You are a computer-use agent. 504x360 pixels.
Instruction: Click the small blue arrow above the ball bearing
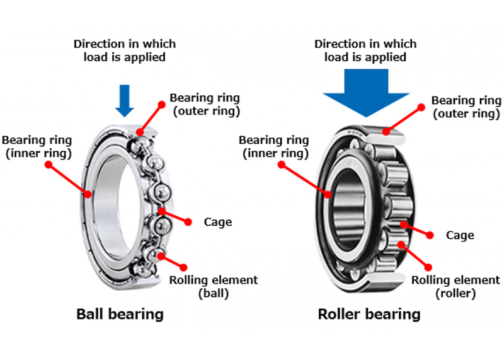pyautogui.click(x=125, y=100)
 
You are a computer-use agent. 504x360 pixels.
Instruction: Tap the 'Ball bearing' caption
pyautogui.click(x=120, y=313)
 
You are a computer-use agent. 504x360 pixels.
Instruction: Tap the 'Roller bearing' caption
pyautogui.click(x=369, y=313)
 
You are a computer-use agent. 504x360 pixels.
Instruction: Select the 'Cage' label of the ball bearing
pyautogui.click(x=218, y=222)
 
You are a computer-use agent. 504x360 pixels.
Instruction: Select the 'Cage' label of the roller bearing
pyautogui.click(x=459, y=235)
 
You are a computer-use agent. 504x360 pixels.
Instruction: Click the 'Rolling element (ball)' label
pyautogui.click(x=213, y=286)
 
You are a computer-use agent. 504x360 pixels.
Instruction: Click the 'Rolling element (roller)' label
pyautogui.click(x=455, y=286)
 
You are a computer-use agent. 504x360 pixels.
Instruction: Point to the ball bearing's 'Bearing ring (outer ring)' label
pyautogui.click(x=205, y=104)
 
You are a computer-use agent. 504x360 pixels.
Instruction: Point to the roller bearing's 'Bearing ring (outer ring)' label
pyautogui.click(x=466, y=107)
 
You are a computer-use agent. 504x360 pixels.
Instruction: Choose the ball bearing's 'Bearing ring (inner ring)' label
pyautogui.click(x=37, y=146)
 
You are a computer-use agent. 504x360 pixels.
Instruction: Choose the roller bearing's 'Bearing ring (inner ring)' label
pyautogui.click(x=273, y=146)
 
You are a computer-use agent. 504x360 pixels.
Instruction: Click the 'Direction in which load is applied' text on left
pyautogui.click(x=125, y=50)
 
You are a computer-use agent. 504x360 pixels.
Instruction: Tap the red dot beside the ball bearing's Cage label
pyautogui.click(x=187, y=221)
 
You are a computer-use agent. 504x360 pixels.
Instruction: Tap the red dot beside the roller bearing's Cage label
pyautogui.click(x=430, y=235)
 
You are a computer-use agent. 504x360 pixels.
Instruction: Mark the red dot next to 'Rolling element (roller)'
pyautogui.click(x=429, y=267)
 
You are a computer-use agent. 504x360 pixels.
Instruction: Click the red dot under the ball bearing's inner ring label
pyautogui.click(x=48, y=165)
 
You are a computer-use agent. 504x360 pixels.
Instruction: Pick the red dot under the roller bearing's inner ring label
pyautogui.click(x=282, y=165)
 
